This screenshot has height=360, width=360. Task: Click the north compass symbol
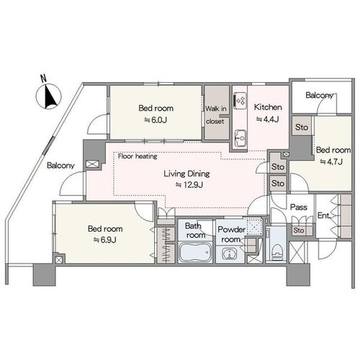[49, 95]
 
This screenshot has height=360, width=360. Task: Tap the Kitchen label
[268, 107]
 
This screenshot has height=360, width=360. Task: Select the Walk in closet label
[215, 115]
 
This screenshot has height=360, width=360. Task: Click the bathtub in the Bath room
[195, 252]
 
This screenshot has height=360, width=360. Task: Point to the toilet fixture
[276, 252]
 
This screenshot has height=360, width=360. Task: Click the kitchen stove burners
[240, 101]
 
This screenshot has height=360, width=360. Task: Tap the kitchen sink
[240, 138]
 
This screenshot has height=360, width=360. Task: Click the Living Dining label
[186, 174]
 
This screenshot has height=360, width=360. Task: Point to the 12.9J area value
[189, 185]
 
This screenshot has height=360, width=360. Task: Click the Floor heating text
[138, 156]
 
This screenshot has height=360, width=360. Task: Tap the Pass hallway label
[299, 207]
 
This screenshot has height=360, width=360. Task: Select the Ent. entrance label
[324, 215]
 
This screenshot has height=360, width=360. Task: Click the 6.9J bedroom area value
[105, 240]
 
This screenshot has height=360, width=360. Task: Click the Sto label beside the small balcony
[302, 127]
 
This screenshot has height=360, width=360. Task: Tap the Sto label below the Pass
[299, 230]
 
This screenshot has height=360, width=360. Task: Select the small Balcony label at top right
[320, 96]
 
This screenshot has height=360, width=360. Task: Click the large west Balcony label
[60, 166]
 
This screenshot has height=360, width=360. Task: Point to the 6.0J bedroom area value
[156, 120]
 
